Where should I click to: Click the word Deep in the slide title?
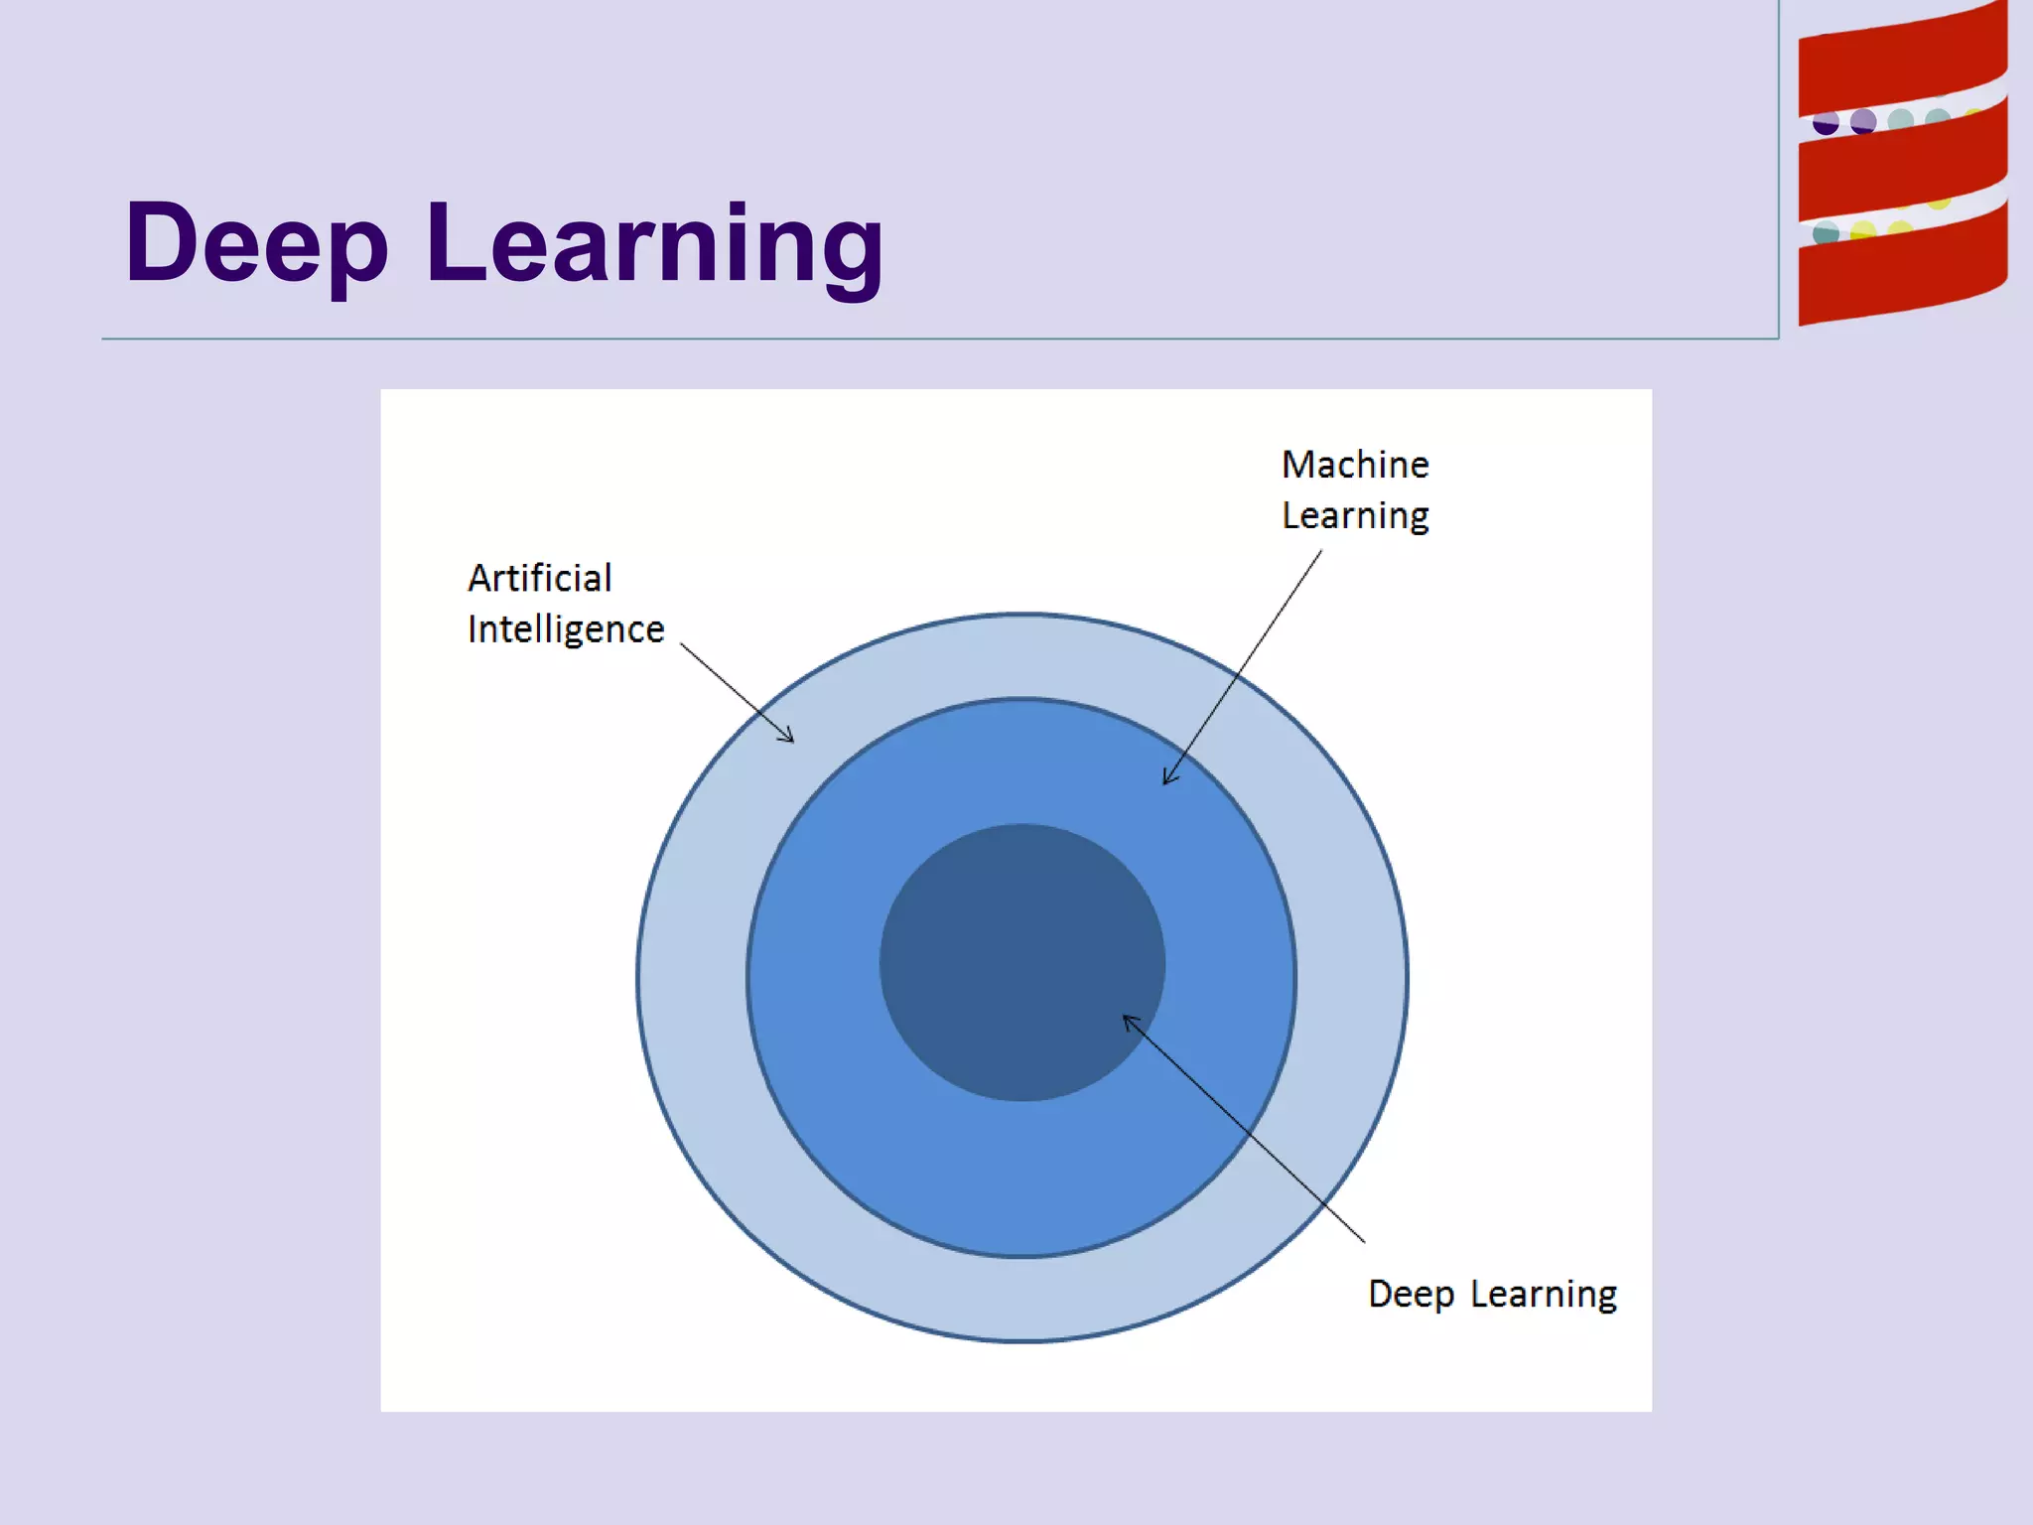click(256, 244)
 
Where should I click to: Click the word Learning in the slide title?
click(655, 244)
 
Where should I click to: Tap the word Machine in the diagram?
click(1355, 465)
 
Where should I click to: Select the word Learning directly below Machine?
click(1355, 516)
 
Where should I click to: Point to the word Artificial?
click(540, 578)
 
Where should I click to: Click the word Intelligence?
click(566, 629)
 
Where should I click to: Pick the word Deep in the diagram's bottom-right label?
click(1411, 1295)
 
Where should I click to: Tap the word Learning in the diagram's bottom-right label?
click(1544, 1295)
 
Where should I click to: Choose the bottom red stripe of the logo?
click(1901, 273)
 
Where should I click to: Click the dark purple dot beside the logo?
click(1826, 124)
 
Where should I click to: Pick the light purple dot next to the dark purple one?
click(1863, 122)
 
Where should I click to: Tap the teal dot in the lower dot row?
click(1826, 234)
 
